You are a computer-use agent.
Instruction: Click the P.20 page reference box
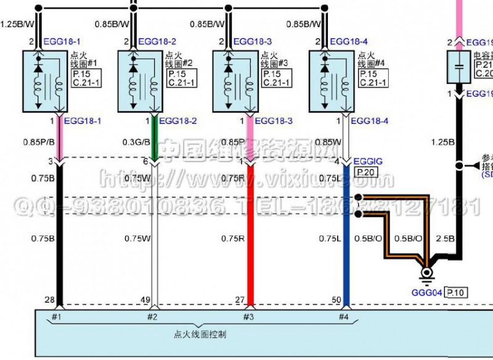coord(364,172)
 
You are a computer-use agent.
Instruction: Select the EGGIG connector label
coord(368,162)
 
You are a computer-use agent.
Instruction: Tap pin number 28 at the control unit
coord(51,300)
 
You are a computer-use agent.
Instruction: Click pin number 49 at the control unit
coord(146,300)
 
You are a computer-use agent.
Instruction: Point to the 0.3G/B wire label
coord(136,141)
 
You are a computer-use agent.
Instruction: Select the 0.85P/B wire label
coord(40,141)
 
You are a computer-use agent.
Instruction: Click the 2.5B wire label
coord(445,238)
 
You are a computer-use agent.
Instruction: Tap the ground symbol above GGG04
coord(426,273)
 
